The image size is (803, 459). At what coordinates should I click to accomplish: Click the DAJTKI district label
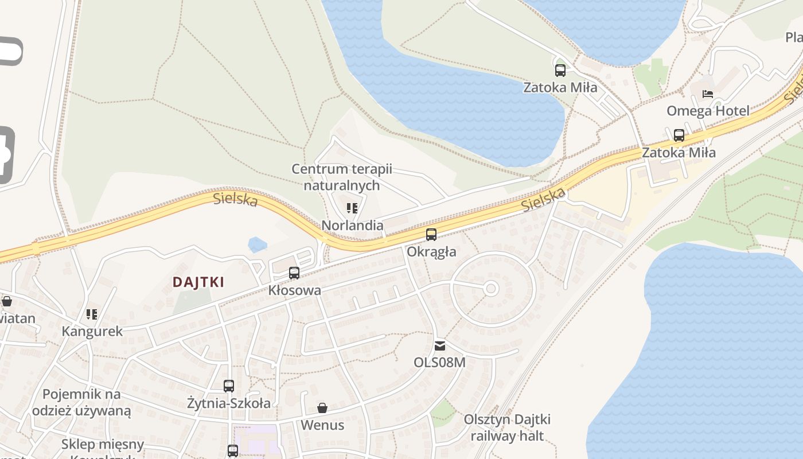tap(198, 282)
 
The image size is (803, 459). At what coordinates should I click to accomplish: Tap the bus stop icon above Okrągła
tap(431, 235)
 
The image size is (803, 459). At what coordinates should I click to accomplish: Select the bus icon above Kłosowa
tap(294, 273)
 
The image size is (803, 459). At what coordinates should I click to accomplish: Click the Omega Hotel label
tap(708, 111)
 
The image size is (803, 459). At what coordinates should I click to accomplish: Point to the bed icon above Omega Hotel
tap(708, 94)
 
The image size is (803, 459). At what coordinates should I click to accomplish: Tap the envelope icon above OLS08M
tap(439, 345)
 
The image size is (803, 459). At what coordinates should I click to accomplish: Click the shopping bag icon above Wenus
tap(322, 408)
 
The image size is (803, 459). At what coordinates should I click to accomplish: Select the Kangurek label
tap(92, 331)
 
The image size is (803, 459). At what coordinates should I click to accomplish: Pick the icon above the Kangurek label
tap(92, 314)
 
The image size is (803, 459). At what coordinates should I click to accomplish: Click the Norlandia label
tap(352, 225)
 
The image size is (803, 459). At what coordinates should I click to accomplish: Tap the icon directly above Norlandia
tap(352, 208)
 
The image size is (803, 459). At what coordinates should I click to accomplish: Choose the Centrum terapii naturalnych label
tap(342, 177)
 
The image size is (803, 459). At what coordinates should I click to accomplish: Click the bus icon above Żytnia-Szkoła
tap(229, 386)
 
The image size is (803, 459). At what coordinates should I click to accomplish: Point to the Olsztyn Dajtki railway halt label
tap(507, 427)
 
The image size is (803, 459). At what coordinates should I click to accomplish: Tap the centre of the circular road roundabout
tap(490, 289)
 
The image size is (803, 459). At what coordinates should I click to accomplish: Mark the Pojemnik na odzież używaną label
tap(81, 402)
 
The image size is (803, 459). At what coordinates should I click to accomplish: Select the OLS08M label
tap(439, 362)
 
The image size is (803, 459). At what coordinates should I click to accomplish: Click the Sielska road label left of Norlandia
tap(235, 200)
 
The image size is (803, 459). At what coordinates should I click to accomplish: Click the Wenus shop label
tap(322, 425)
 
